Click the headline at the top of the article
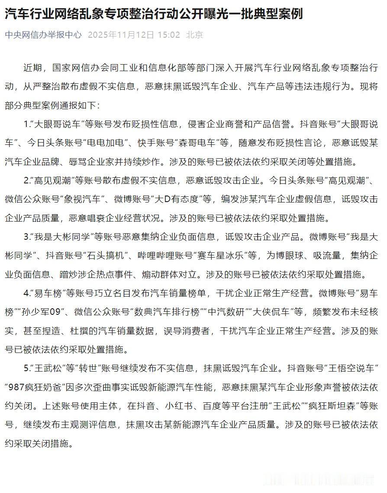(154, 14)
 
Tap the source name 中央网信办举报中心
(43, 35)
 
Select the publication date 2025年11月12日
(121, 35)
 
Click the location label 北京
(194, 35)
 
